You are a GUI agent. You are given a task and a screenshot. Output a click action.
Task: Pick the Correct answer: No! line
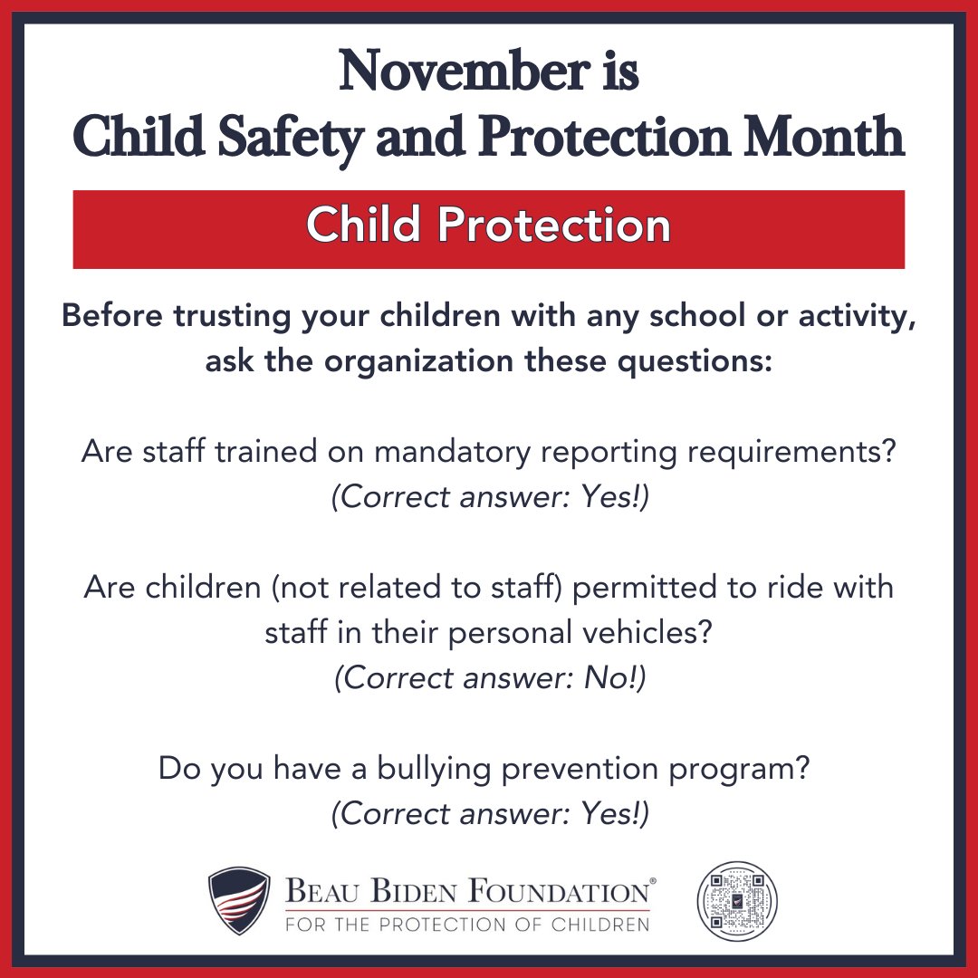[489, 677]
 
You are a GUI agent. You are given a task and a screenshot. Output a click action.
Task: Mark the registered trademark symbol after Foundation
[653, 880]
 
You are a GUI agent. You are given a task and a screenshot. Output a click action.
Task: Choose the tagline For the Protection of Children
[467, 925]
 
